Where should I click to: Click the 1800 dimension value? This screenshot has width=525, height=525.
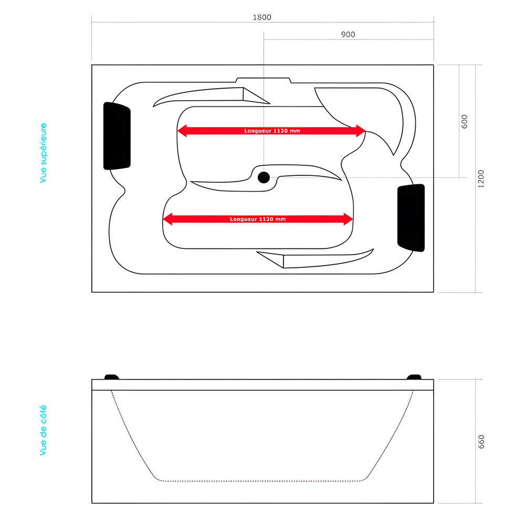(x=262, y=17)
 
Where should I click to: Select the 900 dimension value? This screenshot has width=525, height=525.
(x=348, y=35)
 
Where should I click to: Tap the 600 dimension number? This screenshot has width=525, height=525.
(x=464, y=121)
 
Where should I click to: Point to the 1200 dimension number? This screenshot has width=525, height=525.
(x=481, y=179)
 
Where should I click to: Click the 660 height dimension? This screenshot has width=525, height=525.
(x=481, y=442)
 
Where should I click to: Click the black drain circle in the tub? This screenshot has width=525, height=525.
(x=264, y=177)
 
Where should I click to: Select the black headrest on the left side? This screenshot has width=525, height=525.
(x=117, y=136)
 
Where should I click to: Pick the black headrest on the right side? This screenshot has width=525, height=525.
(x=411, y=217)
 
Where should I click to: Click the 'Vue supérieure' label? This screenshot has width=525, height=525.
(x=44, y=153)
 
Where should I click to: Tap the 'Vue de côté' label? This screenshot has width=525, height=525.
(x=44, y=430)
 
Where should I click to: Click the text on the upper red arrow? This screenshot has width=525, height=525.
(x=272, y=131)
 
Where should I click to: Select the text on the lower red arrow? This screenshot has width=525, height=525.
(x=258, y=219)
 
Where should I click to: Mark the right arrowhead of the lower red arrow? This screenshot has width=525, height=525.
(x=349, y=219)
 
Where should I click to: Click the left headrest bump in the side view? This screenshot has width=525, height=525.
(x=112, y=376)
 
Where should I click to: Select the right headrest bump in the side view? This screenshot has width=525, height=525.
(x=414, y=376)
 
